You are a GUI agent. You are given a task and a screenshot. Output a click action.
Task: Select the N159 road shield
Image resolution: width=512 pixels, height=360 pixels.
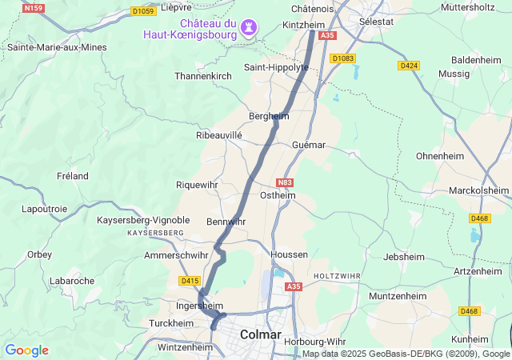33,8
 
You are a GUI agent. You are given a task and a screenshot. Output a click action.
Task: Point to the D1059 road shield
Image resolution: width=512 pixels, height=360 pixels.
144,11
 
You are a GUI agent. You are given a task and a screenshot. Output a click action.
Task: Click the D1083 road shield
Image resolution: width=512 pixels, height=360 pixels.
342,58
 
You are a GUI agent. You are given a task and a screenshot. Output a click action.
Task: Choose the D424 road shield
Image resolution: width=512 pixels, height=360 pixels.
409,65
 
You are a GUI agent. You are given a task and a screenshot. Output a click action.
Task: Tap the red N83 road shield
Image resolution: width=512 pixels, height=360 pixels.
286,182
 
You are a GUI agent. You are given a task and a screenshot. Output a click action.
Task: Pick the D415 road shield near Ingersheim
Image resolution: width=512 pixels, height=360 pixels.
190,281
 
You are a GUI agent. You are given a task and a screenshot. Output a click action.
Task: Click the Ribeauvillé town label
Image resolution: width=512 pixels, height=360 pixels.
219,136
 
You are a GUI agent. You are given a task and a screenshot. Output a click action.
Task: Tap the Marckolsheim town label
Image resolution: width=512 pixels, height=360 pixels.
478,190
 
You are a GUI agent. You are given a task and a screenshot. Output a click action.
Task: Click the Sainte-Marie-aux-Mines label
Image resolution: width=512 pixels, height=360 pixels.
57,47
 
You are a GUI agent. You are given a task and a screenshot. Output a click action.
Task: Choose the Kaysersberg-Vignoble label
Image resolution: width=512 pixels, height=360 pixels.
143,220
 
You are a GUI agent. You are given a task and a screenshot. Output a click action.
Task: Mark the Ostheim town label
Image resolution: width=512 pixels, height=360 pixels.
278,195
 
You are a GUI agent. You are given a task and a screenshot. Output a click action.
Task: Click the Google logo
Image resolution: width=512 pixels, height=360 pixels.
26,350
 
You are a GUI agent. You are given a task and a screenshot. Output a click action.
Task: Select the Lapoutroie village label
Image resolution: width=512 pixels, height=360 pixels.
45,209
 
